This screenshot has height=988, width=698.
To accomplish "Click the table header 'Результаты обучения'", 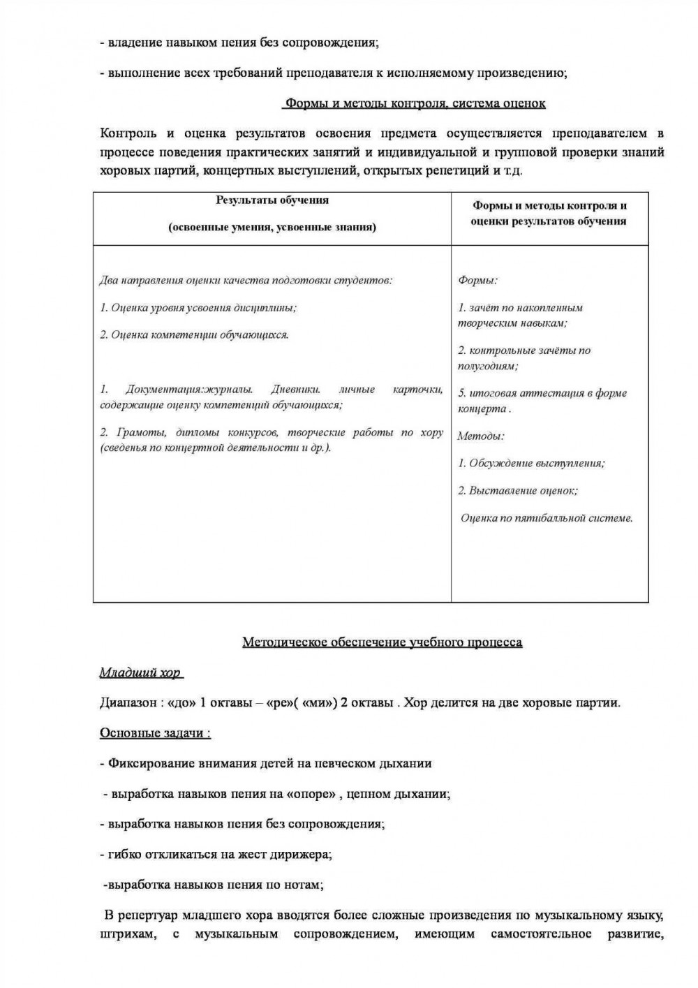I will tap(272, 200).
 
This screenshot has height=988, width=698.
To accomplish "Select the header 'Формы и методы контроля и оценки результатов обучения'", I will tap(549, 214).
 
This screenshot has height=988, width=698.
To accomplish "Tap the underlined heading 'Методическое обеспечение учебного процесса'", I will tap(382, 642).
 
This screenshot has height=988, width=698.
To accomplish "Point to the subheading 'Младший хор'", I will tap(140, 673).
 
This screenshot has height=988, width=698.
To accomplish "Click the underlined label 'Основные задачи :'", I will tap(155, 733).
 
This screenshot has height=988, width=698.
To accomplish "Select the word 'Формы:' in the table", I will tap(477, 280).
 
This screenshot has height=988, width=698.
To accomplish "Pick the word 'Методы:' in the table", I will tap(480, 436).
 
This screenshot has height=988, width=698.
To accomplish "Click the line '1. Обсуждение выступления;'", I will tap(531, 463).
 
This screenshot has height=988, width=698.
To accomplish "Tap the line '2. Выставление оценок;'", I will tap(517, 491).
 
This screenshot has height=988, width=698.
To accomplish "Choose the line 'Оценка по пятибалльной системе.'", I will tap(547, 518).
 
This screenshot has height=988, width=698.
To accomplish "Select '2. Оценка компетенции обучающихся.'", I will tap(194, 334).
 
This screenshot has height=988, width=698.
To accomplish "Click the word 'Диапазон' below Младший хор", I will tap(129, 702).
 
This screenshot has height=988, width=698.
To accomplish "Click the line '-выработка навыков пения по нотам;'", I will tap(213, 885).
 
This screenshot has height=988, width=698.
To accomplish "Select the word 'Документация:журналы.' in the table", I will tap(189, 390).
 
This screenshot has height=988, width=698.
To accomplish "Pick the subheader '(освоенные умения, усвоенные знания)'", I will tap(272, 227).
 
